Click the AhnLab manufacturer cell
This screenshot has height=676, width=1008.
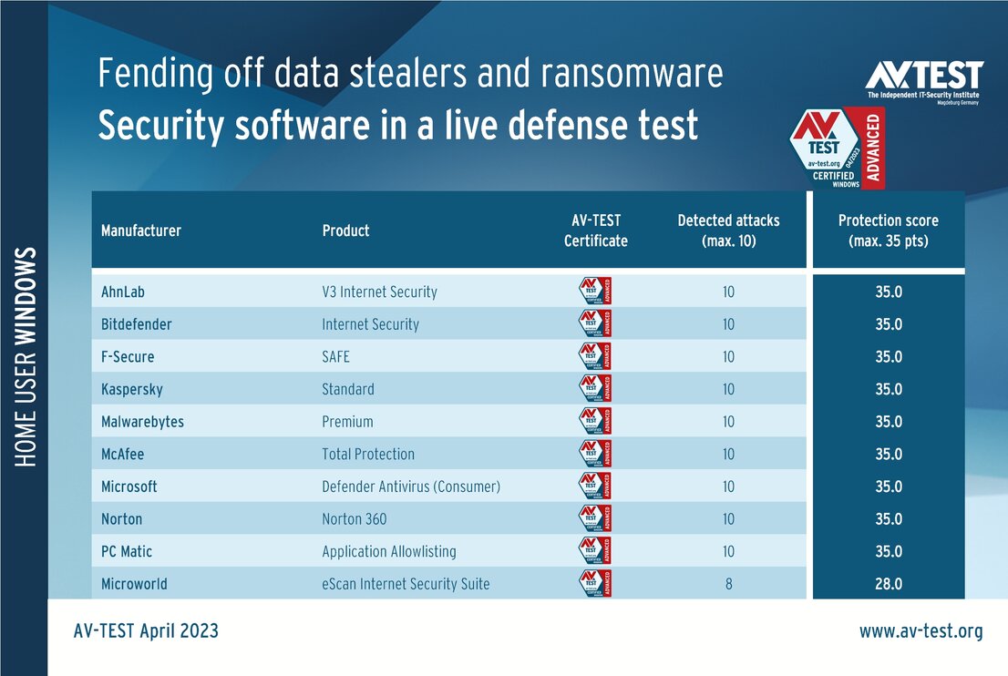[x=123, y=292]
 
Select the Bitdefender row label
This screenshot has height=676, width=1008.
[x=137, y=324]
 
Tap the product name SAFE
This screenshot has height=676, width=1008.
[x=335, y=357]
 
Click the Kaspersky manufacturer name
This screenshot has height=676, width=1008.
[x=132, y=390]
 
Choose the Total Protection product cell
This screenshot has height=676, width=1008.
[x=368, y=455]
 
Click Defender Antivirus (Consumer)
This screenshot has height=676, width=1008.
[x=411, y=487]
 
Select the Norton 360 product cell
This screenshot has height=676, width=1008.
[x=355, y=519]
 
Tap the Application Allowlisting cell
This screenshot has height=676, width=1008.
[x=389, y=551]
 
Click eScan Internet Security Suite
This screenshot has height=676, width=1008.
[x=406, y=584]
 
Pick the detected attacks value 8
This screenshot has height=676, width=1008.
[x=728, y=584]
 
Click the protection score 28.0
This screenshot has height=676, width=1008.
[x=888, y=584]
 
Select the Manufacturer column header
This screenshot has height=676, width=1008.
[x=141, y=230]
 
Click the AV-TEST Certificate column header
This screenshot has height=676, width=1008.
[x=596, y=230]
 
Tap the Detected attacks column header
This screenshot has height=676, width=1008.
[x=728, y=230]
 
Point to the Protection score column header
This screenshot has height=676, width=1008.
[x=888, y=230]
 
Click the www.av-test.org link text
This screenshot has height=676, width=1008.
[x=921, y=631]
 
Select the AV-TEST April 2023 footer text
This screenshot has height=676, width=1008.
[x=146, y=631]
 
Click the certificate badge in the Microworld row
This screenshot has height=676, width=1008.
[x=596, y=584]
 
